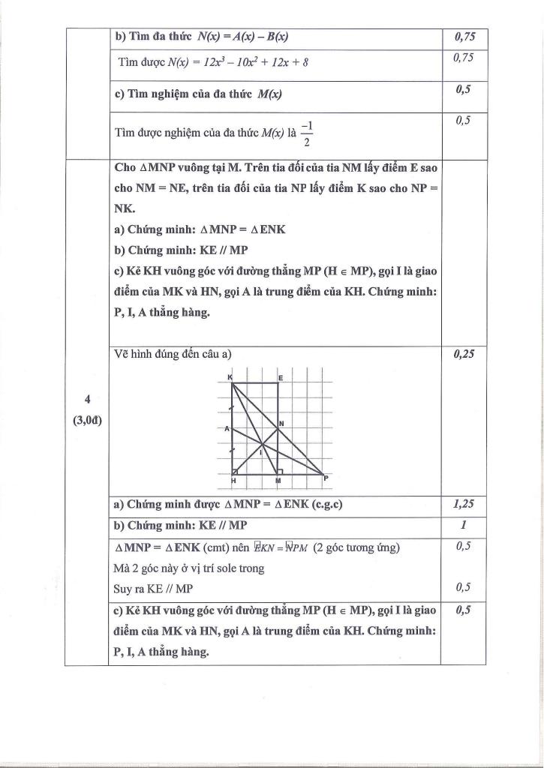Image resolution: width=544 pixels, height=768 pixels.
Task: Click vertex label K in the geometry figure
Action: pyautogui.click(x=230, y=376)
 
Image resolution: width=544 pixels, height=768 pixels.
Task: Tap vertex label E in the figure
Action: pyautogui.click(x=280, y=378)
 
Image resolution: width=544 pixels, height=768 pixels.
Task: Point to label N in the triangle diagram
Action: pyautogui.click(x=281, y=424)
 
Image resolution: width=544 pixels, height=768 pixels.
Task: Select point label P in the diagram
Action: pyautogui.click(x=326, y=477)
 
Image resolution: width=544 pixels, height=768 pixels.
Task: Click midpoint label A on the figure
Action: pyautogui.click(x=226, y=428)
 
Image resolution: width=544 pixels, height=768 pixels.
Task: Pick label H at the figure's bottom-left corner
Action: pyautogui.click(x=233, y=480)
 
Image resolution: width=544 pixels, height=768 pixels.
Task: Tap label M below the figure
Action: pyautogui.click(x=278, y=480)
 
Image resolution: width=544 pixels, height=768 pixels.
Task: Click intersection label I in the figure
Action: pyautogui.click(x=260, y=453)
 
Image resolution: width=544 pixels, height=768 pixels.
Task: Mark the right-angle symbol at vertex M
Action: pyautogui.click(x=280, y=470)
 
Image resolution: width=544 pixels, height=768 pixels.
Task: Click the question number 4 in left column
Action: pyautogui.click(x=88, y=397)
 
